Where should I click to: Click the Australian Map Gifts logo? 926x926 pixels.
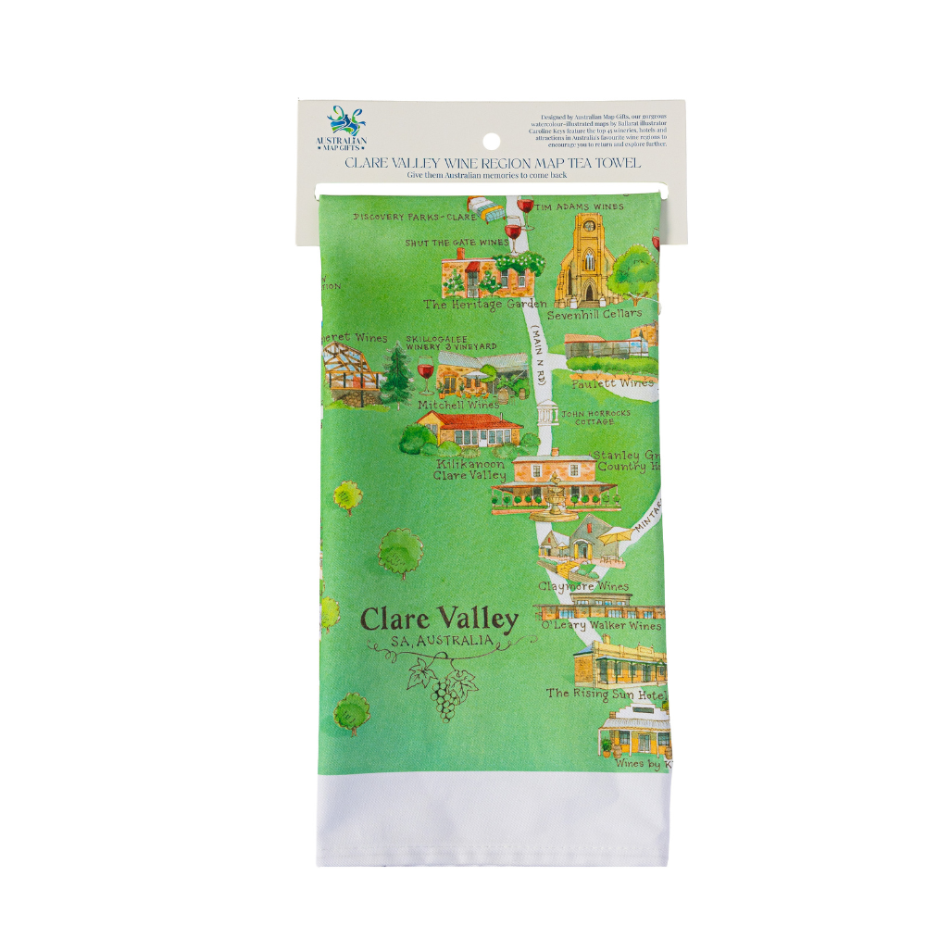point(346,131)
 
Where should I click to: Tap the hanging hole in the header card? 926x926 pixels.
point(491,142)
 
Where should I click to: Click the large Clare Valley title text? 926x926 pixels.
point(438,619)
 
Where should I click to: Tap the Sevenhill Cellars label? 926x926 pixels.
point(594,315)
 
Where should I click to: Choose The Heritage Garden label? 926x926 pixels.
point(485,304)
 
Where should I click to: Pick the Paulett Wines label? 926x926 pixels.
point(611,382)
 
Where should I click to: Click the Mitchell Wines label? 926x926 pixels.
point(458,405)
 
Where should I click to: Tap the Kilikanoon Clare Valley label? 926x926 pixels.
point(470,469)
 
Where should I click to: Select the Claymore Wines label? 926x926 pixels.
point(583,586)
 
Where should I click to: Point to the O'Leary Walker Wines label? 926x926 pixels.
point(601,626)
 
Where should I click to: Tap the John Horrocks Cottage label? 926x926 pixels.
point(594,418)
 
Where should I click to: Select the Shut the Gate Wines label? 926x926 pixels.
point(456,243)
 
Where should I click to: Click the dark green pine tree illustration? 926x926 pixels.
point(396,376)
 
